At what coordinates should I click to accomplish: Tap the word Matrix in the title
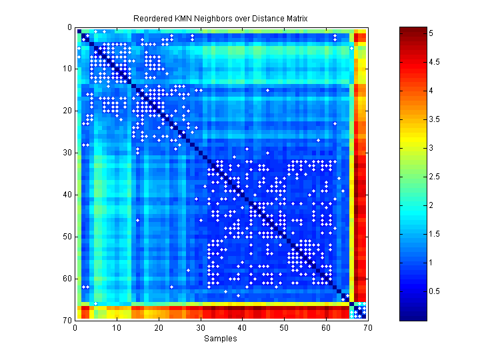click(295, 19)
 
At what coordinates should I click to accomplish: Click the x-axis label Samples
click(221, 339)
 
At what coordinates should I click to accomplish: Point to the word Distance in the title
click(265, 19)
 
